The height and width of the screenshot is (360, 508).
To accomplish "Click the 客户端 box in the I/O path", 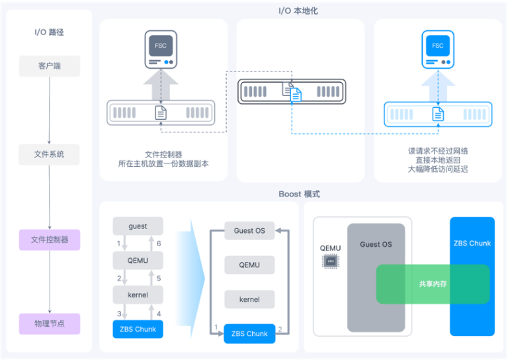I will pyautogui.click(x=49, y=66).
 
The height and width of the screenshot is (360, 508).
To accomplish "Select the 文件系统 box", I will pyautogui.click(x=49, y=155).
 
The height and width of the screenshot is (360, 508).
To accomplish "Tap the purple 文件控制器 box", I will pyautogui.click(x=49, y=240).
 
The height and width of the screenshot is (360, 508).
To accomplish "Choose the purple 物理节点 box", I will pyautogui.click(x=49, y=324).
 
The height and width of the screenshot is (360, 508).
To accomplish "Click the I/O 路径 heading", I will pyautogui.click(x=49, y=32).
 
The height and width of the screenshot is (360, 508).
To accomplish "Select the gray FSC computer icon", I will pyautogui.click(x=161, y=49).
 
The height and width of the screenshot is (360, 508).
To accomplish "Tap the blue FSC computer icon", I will pyautogui.click(x=437, y=49).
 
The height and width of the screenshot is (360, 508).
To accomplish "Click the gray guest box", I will pyautogui.click(x=138, y=226).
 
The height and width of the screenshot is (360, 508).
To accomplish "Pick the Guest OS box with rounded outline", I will pyautogui.click(x=249, y=231).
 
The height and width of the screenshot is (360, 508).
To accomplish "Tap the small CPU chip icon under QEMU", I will pyautogui.click(x=330, y=261).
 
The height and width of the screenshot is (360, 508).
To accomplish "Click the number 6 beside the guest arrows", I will pyautogui.click(x=159, y=244).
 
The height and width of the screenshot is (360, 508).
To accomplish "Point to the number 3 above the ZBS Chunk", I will pyautogui.click(x=120, y=313).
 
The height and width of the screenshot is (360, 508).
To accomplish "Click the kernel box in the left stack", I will pyautogui.click(x=138, y=294).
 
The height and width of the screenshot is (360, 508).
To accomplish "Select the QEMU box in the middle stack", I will pyautogui.click(x=249, y=265).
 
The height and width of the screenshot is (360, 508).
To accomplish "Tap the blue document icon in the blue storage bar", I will pyautogui.click(x=437, y=114).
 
